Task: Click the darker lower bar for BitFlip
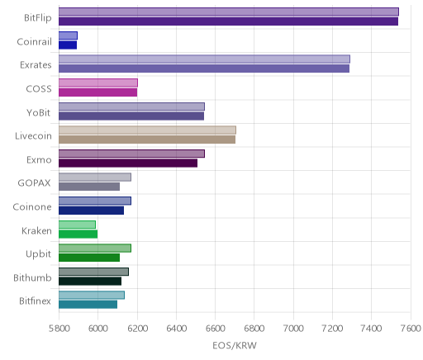(x=228, y=21)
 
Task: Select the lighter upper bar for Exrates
(x=204, y=59)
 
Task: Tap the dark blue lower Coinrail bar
(x=68, y=45)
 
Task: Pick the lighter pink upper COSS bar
(x=98, y=83)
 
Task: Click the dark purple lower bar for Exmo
(x=128, y=163)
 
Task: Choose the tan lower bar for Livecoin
(x=147, y=140)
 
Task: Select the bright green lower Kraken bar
(x=78, y=234)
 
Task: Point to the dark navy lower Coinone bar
(x=91, y=211)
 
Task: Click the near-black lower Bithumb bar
(x=90, y=282)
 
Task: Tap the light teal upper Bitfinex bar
(x=92, y=295)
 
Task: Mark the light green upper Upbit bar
(x=95, y=248)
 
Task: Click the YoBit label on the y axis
(x=38, y=112)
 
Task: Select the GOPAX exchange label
(x=34, y=183)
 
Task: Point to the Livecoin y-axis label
(x=33, y=136)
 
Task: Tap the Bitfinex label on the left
(x=35, y=301)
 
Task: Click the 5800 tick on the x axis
(x=59, y=329)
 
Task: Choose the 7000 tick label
(x=293, y=329)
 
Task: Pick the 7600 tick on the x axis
(x=411, y=329)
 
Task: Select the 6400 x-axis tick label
(x=177, y=329)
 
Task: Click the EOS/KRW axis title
(x=235, y=345)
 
